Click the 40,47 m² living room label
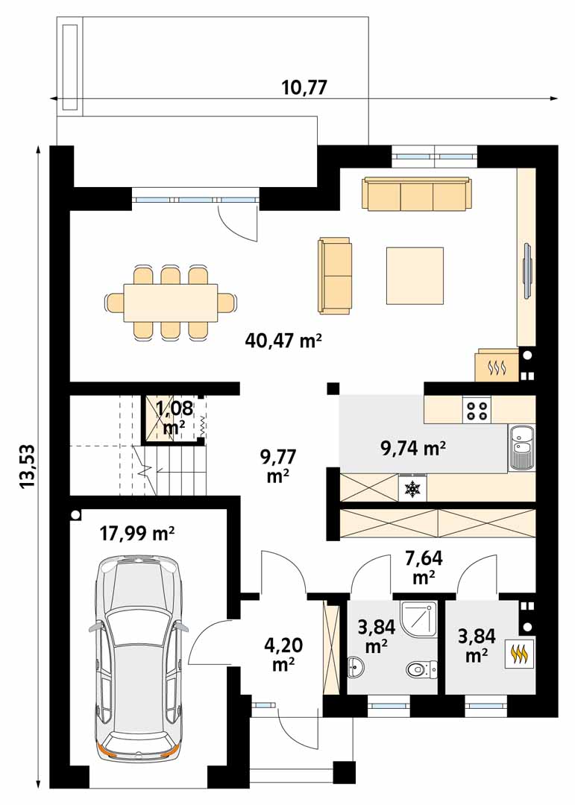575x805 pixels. tap(283, 341)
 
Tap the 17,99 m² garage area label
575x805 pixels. tap(137, 534)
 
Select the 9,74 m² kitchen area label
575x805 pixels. tap(412, 448)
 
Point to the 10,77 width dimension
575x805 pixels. tap(304, 87)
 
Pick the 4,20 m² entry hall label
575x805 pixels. tap(283, 654)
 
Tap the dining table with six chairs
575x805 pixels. tap(171, 302)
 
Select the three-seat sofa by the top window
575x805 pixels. tap(417, 194)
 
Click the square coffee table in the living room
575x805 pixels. tap(415, 276)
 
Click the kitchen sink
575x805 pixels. tap(522, 448)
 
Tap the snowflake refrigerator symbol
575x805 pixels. tap(412, 487)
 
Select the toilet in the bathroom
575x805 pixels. tap(421, 669)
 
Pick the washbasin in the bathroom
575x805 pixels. tap(356, 666)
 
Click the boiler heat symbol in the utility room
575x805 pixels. tap(520, 654)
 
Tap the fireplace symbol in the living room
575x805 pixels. tap(497, 366)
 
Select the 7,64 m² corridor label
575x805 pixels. tap(424, 566)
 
